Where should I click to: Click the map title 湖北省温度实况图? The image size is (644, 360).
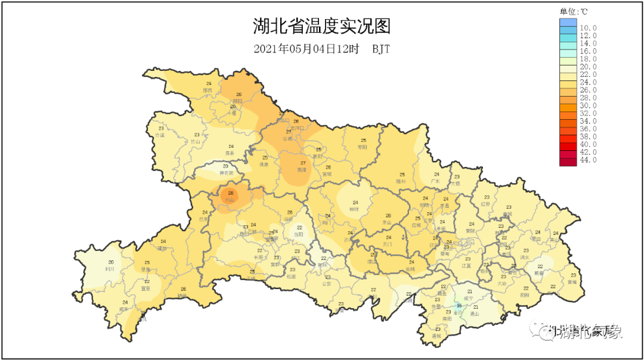pyautogui.click(x=322, y=27)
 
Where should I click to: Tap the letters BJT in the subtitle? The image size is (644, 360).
pyautogui.click(x=381, y=49)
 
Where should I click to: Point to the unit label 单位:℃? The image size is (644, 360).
pyautogui.click(x=574, y=11)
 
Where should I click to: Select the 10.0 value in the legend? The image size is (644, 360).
pyautogui.click(x=588, y=28)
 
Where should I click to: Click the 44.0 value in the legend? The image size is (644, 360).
pyautogui.click(x=588, y=160)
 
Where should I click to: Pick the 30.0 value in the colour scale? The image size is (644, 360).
pyautogui.click(x=588, y=105)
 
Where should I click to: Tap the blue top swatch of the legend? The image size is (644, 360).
pyautogui.click(x=568, y=23)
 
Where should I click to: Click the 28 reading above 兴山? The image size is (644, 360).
pyautogui.click(x=231, y=193)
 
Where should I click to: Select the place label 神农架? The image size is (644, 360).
pyautogui.click(x=225, y=173)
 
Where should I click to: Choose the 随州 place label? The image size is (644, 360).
pyautogui.click(x=401, y=181)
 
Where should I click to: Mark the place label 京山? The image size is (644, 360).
pyautogui.click(x=388, y=222)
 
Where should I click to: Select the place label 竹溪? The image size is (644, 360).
pyautogui.click(x=160, y=135)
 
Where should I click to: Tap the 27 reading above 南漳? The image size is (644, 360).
pyautogui.click(x=303, y=163)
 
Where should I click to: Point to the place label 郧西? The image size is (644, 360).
pyautogui.click(x=208, y=90)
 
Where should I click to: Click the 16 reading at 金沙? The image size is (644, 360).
pyautogui.click(x=459, y=306)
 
